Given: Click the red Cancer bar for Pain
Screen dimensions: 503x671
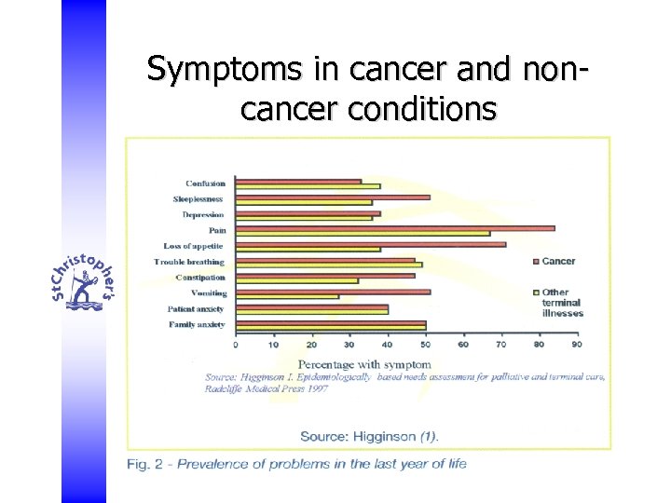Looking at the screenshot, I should tap(394, 228).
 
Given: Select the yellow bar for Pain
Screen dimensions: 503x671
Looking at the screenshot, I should tap(363, 233).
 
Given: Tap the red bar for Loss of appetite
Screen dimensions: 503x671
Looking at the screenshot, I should tap(370, 244).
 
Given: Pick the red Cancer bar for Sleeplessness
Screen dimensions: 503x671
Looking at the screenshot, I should tap(332, 197).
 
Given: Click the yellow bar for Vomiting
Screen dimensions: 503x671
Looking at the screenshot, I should tap(287, 296).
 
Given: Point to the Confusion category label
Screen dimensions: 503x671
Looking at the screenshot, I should tap(205, 184).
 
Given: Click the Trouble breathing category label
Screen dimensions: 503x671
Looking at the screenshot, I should tap(189, 262).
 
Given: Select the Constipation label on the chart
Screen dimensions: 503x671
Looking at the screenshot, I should tap(200, 278).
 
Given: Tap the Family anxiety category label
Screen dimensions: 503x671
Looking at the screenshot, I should tap(197, 325).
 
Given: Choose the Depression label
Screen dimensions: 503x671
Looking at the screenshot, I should tap(203, 214).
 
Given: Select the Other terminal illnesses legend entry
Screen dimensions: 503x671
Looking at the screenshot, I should tap(562, 303).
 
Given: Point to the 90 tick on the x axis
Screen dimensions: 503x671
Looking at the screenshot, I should tap(577, 344).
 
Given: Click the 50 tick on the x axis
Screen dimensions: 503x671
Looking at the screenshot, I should tap(425, 344).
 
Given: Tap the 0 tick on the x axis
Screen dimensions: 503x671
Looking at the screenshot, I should tap(235, 344).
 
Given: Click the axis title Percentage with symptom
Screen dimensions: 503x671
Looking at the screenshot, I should tap(364, 363).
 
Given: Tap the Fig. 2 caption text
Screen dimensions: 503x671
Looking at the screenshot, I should tap(296, 464).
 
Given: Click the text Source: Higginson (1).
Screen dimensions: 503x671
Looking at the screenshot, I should tap(369, 436).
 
